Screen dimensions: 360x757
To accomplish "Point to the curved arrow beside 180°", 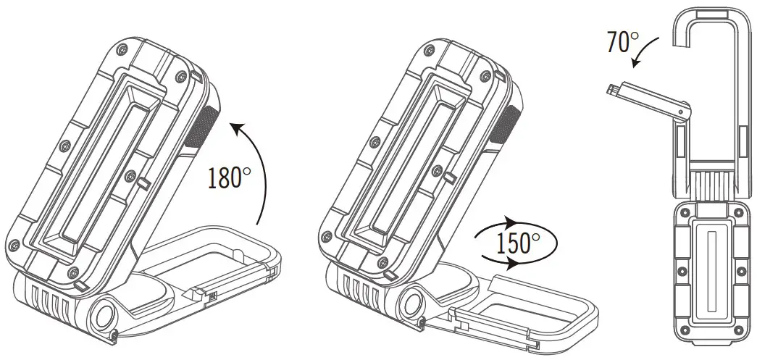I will pos(254,167).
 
